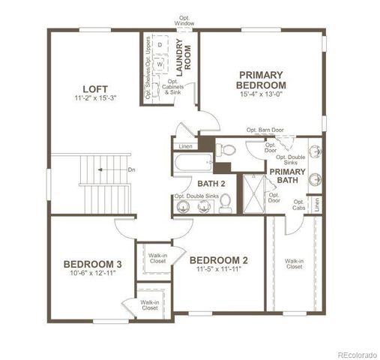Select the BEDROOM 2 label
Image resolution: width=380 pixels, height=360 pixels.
218,259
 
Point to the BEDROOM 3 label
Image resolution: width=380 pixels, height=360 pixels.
92,264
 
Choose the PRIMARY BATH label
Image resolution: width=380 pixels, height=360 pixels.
288,175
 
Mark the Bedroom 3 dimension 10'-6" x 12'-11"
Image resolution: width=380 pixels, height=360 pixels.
92,274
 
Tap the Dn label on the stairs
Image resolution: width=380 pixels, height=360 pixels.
131,169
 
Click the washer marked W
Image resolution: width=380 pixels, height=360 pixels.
160,63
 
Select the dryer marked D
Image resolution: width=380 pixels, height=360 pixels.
160,45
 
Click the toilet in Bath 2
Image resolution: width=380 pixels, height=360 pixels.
225,202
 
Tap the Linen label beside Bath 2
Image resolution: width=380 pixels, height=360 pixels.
186,145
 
